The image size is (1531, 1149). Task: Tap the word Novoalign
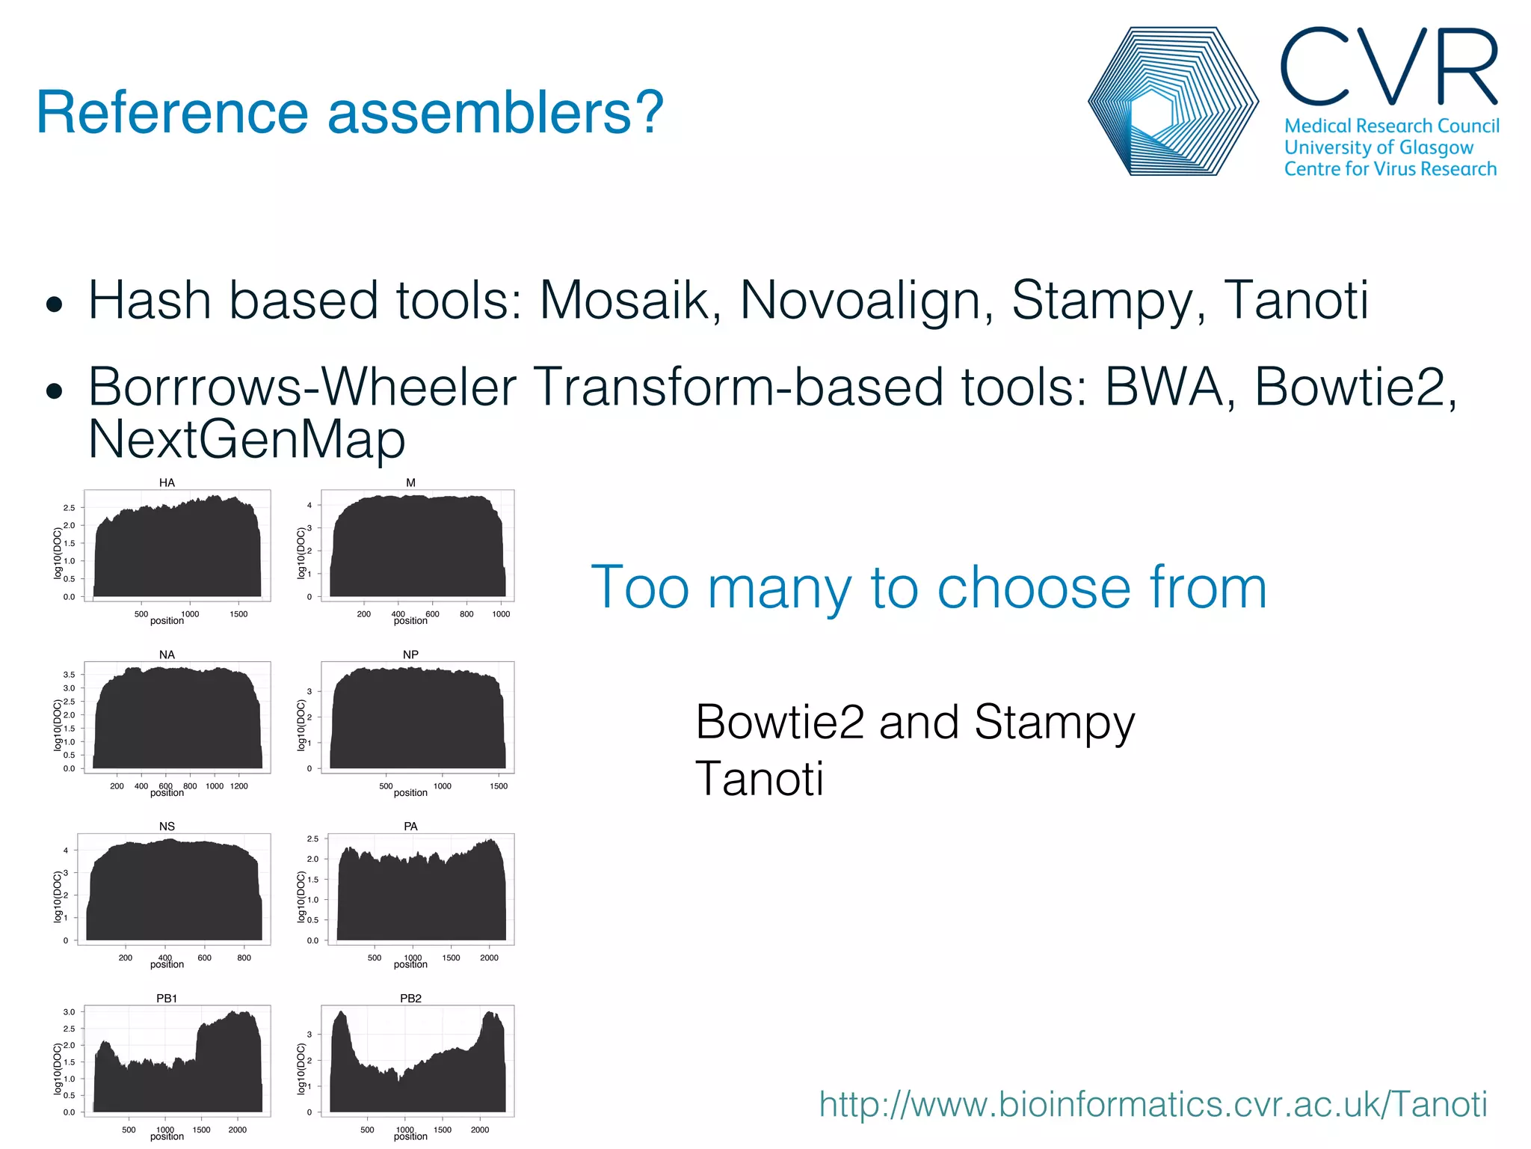[x=866, y=301]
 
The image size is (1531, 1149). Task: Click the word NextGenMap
[x=247, y=439]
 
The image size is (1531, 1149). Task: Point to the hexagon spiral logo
[x=1172, y=102]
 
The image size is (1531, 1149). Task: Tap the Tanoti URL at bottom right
[x=1153, y=1104]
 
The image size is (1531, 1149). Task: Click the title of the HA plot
[x=167, y=482]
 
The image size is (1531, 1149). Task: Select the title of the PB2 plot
[x=410, y=998]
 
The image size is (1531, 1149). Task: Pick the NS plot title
[x=167, y=826]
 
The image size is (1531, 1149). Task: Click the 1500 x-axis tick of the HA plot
[x=238, y=614]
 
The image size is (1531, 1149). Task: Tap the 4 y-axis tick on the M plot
[x=309, y=505]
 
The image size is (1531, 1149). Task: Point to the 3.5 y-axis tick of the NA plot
[x=69, y=675]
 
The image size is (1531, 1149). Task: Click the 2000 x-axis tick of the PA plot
[x=489, y=957]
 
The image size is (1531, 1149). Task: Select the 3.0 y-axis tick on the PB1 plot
[x=69, y=1012]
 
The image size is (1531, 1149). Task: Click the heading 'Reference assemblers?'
[x=350, y=112]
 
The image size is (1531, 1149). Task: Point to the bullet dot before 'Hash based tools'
[x=54, y=304]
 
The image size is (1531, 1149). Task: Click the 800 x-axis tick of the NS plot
[x=244, y=957]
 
